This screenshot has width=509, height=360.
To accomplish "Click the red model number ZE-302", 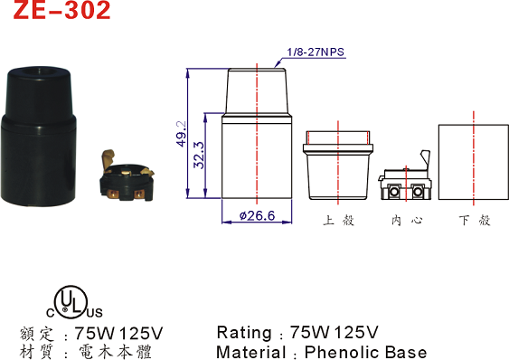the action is click(61, 10).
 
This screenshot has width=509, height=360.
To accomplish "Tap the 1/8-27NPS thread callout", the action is click(316, 52).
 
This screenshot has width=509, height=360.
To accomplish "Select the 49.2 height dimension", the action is click(182, 134).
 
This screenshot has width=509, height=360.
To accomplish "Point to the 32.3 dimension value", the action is click(199, 155).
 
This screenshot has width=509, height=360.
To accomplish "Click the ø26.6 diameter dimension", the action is click(257, 215).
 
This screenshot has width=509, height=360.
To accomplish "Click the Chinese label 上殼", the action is click(338, 221).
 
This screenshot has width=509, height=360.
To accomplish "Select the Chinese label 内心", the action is click(407, 221).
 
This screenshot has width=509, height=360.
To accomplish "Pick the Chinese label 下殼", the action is click(475, 221).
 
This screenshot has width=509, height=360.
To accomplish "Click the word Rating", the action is click(244, 333).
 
